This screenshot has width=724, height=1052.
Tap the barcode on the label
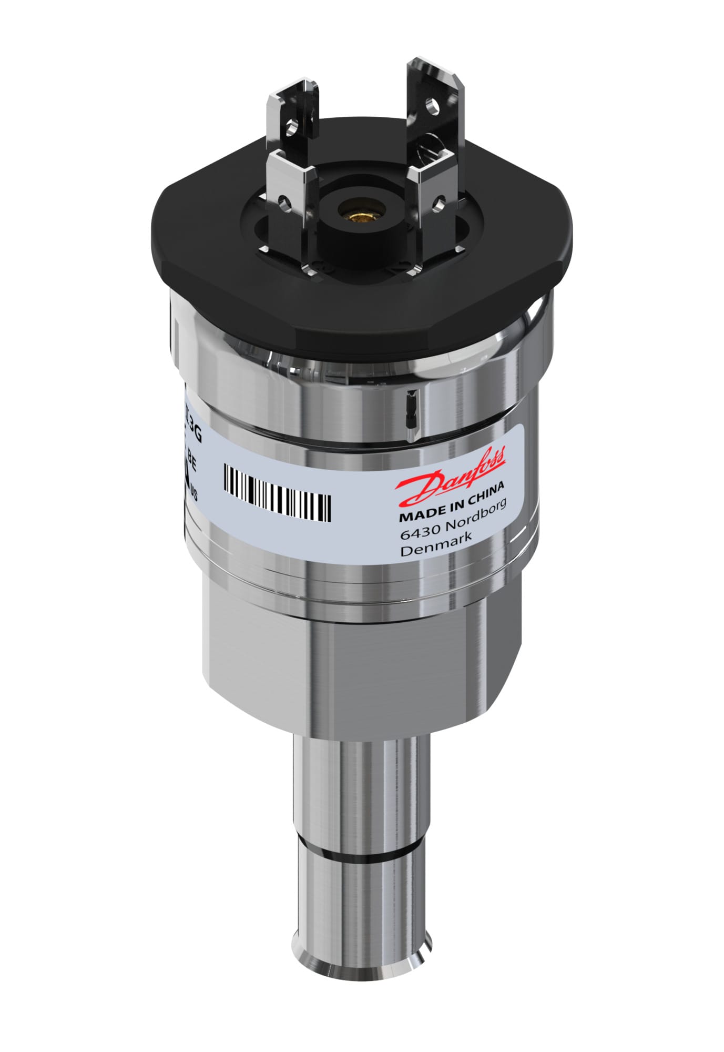(x=277, y=492)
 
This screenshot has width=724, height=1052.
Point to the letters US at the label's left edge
(x=193, y=493)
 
